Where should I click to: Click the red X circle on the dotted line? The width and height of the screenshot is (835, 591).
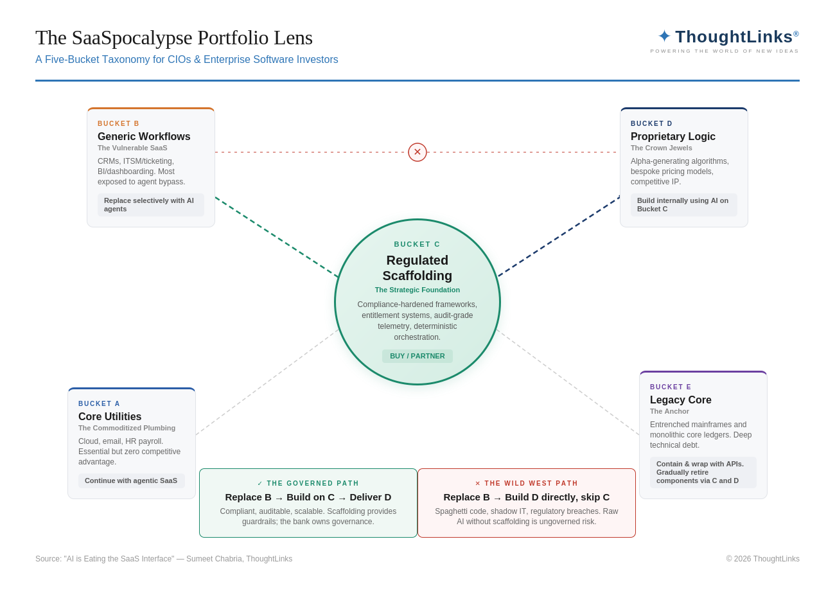[x=418, y=152]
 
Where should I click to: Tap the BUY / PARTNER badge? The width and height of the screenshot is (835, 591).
[x=418, y=356]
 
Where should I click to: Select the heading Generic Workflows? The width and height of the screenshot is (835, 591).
[x=144, y=137]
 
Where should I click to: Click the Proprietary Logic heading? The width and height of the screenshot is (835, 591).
[x=673, y=137]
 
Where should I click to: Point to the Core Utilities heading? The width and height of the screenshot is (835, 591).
[x=110, y=417]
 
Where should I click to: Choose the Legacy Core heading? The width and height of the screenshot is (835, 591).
[x=681, y=400]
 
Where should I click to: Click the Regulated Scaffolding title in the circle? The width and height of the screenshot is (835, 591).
[x=418, y=268]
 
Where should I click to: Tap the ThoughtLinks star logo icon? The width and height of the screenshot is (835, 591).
[x=664, y=37]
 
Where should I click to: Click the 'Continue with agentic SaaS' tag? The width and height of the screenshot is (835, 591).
[x=131, y=481]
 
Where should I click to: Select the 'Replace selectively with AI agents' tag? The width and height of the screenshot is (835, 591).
[x=150, y=205]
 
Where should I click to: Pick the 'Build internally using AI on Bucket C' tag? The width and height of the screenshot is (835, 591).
[x=683, y=205]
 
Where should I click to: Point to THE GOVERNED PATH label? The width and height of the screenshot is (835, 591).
[x=308, y=484]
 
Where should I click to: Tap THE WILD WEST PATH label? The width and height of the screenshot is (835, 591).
[x=527, y=484]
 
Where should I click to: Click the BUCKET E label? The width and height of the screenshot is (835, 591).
[x=671, y=387]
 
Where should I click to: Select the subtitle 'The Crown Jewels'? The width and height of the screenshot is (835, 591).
[x=662, y=148]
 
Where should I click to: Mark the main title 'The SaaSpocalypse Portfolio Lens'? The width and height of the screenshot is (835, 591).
[x=174, y=38]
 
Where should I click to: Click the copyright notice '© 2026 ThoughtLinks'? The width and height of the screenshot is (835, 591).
[x=762, y=559]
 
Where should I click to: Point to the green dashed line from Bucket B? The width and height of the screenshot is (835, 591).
[x=276, y=237]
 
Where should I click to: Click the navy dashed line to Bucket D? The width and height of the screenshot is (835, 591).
[x=559, y=236]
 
